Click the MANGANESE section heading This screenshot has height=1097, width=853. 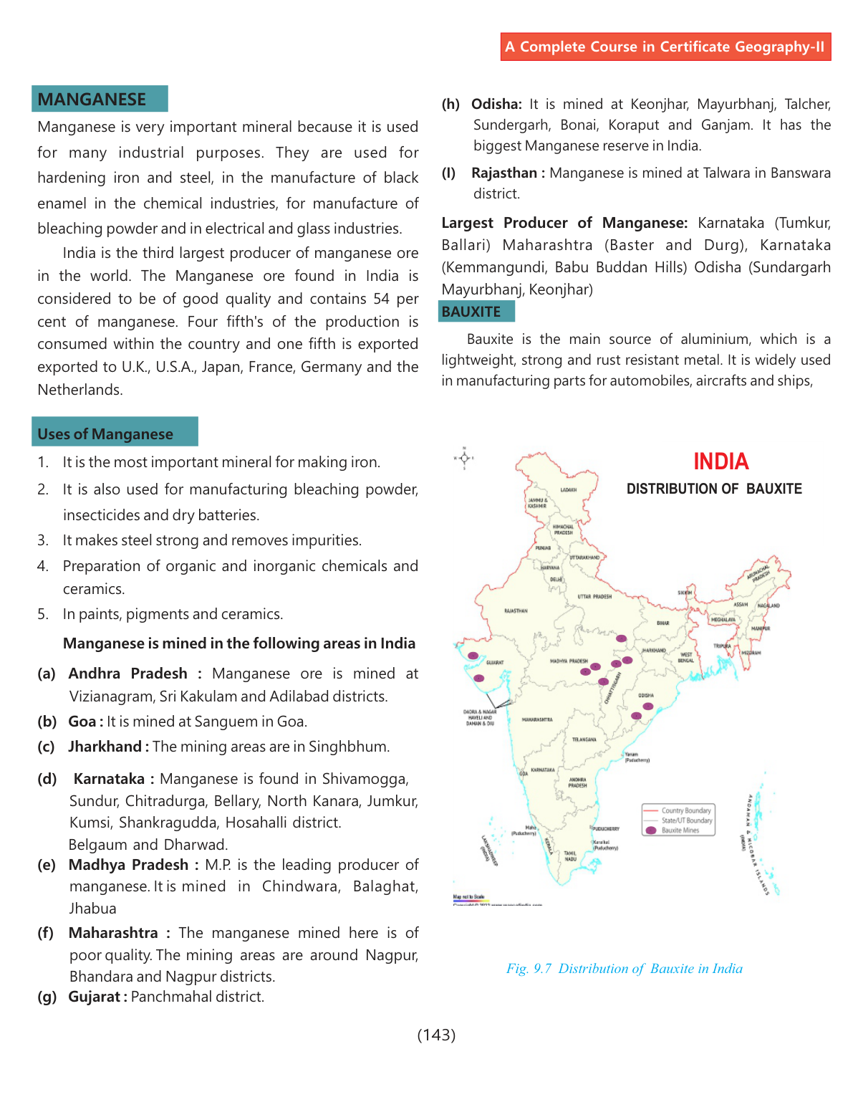(x=92, y=100)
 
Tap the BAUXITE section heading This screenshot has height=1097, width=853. (x=471, y=312)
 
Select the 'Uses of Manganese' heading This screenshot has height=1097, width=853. (x=105, y=434)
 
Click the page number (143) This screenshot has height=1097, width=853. (x=436, y=1035)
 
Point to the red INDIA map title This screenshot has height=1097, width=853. (x=721, y=461)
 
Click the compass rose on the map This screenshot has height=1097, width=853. (x=464, y=457)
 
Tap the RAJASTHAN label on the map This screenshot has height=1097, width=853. (x=516, y=611)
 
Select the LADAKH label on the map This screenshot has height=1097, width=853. (x=569, y=490)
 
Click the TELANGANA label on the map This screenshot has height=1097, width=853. (x=584, y=739)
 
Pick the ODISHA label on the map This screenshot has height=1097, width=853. (x=646, y=696)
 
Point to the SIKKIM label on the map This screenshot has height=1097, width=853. (x=685, y=593)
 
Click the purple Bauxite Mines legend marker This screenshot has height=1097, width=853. (x=650, y=830)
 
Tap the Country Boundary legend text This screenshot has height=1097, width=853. (x=686, y=811)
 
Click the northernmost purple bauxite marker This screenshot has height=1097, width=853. (x=621, y=638)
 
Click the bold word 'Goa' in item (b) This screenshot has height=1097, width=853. (x=82, y=722)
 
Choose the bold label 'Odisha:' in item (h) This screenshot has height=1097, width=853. (x=496, y=104)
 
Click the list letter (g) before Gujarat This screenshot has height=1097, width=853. (x=47, y=997)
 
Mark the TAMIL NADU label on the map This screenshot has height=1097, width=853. (x=570, y=856)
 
